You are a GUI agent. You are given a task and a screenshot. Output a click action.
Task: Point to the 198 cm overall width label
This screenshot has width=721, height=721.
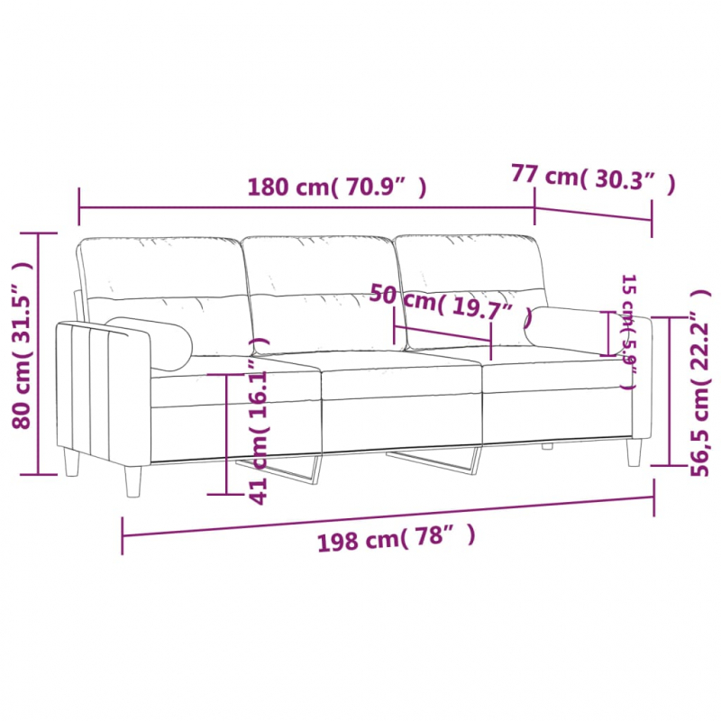coord(394,540)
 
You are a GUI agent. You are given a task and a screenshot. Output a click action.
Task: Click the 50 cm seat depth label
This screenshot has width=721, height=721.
coord(446,302)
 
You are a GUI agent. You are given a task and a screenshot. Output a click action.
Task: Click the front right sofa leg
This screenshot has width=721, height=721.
coord(634,451)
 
